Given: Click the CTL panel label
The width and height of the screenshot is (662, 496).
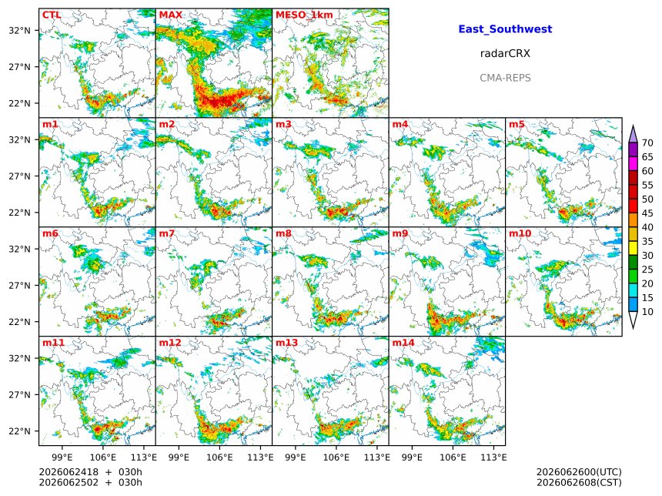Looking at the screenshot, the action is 52,15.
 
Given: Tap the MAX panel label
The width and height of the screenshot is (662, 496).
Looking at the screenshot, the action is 171,15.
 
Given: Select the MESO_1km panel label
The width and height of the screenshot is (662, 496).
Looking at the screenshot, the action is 304,15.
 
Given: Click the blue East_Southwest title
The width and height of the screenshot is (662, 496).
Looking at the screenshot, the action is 505,29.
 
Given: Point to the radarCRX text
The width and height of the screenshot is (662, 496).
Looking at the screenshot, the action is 505,53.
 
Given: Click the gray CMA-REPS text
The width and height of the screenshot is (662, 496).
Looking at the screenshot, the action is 505,78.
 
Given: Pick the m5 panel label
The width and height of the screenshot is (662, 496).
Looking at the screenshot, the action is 517,124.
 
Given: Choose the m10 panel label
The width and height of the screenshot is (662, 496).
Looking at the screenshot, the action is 520,233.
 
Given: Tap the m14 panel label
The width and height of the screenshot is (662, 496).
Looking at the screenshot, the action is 403,342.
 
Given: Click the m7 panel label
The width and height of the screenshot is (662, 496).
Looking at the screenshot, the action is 166,233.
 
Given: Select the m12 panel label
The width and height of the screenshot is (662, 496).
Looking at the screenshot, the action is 169,342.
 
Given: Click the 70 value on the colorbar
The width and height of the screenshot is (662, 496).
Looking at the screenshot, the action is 647,142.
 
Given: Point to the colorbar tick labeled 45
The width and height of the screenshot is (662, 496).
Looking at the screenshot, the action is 647,213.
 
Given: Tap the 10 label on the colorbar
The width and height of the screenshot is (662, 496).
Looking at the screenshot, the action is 647,312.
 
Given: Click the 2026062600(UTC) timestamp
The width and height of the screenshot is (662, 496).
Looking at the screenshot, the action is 579,472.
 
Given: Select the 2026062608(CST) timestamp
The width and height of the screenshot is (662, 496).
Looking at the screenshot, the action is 579,482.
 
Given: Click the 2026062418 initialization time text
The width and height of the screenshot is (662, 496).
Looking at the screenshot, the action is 69,472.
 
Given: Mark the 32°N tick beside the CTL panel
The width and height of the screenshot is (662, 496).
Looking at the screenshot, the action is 19,30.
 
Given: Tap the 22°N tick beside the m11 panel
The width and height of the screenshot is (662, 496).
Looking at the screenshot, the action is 19,431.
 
